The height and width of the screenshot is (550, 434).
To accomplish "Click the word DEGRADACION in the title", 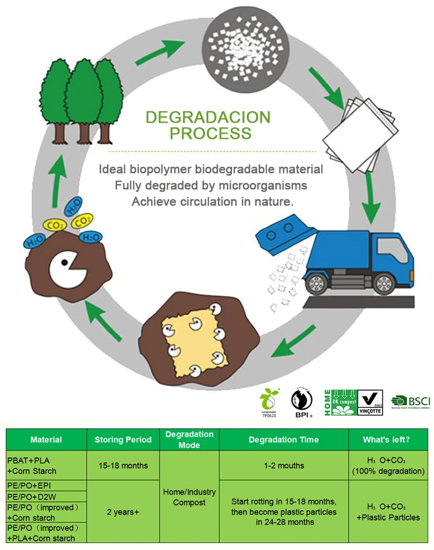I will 208,117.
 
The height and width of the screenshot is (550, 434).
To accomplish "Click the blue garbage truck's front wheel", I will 384,283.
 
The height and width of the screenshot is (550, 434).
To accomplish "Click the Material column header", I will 46,439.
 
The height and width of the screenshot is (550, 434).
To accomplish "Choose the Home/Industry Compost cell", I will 189,497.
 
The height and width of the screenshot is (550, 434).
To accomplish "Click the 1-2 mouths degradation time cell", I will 284,465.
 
